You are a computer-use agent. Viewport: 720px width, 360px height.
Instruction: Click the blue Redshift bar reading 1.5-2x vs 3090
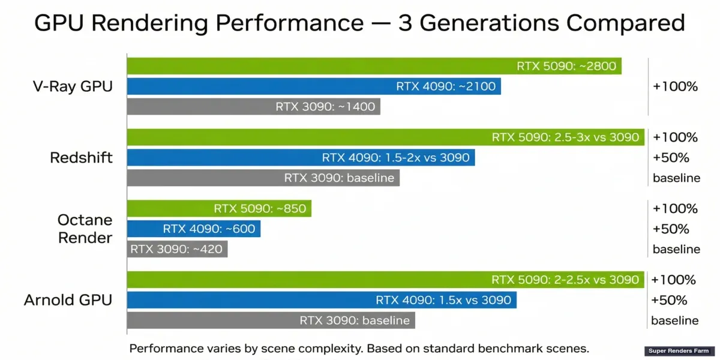tap(301, 158)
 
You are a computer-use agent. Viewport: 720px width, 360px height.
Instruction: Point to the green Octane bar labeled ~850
tap(219, 209)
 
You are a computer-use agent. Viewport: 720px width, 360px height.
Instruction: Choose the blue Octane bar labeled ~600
tap(193, 229)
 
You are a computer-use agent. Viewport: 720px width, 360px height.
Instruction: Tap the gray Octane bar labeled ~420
tap(177, 249)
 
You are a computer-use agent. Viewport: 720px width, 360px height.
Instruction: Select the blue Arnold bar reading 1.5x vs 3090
tap(321, 300)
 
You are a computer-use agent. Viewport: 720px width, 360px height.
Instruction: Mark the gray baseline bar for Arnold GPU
tap(271, 320)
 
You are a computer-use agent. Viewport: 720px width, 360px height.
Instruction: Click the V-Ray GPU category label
tap(73, 86)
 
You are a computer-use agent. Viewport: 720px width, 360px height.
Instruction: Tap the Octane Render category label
tap(85, 229)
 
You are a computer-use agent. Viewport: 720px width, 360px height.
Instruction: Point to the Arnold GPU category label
tap(68, 300)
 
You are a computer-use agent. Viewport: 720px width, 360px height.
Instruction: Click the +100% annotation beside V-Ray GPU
tap(675, 86)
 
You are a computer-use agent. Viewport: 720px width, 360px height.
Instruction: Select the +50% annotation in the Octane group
tap(671, 229)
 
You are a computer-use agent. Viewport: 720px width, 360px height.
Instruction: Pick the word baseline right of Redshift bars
tap(676, 178)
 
